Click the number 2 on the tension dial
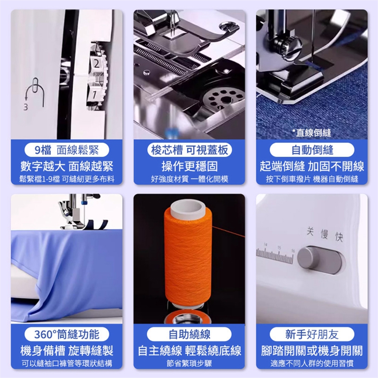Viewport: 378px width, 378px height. tap(97, 64)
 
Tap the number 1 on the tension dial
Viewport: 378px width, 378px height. tap(94, 94)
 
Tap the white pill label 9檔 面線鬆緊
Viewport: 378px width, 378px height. tap(67, 150)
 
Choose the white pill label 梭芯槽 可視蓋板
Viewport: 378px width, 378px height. tap(189, 150)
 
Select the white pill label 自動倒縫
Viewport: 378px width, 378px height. tap(312, 150)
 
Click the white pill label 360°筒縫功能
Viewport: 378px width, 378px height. tap(67, 334)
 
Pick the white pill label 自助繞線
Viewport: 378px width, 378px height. tap(189, 334)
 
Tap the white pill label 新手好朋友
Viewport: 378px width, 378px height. tap(312, 334)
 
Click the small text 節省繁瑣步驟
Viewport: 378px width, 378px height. tap(189, 363)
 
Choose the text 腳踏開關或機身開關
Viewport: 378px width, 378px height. tap(312, 350)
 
